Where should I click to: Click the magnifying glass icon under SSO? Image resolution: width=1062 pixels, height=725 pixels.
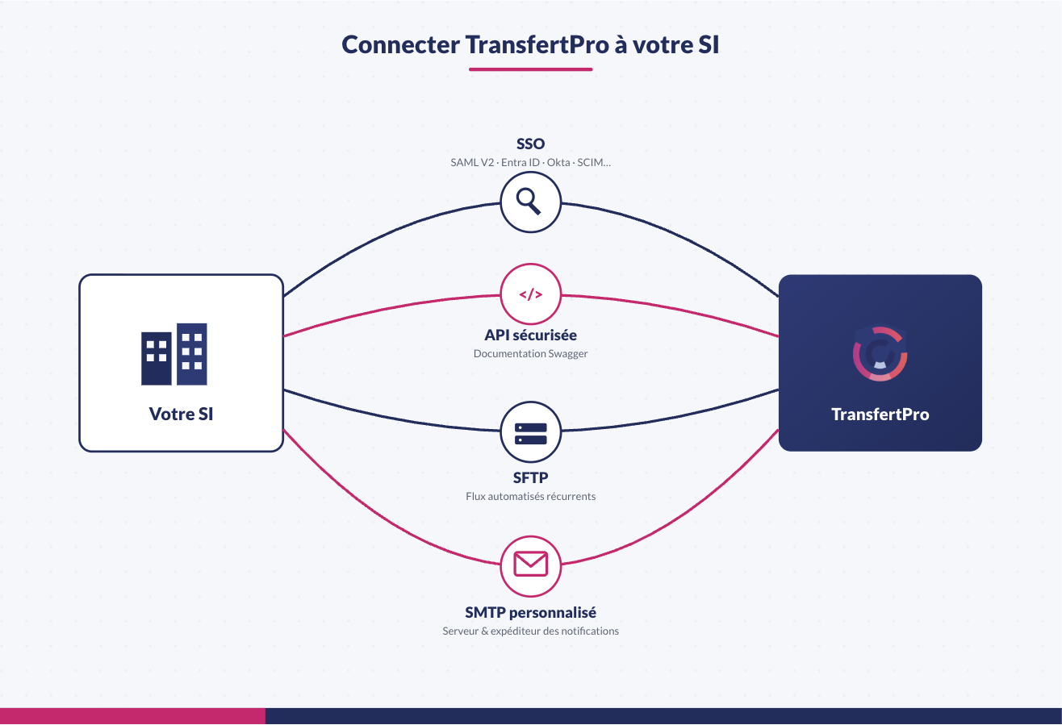528,201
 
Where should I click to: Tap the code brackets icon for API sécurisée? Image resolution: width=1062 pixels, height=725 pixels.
530,294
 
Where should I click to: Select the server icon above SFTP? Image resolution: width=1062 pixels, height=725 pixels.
530,433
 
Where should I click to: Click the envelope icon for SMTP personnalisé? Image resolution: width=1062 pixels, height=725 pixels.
530,564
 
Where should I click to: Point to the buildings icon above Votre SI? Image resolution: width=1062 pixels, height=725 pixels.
174,354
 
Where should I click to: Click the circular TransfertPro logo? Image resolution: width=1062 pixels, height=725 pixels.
880,353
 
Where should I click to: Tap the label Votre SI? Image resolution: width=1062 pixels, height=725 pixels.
181,414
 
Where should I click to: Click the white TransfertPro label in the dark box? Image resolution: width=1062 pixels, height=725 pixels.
880,415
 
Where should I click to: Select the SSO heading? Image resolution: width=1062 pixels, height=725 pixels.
530,144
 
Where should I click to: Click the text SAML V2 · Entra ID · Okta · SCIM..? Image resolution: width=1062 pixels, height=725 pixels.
530,162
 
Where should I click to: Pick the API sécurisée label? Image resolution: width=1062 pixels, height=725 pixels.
530,335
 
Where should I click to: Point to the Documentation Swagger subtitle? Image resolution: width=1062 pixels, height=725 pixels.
530,353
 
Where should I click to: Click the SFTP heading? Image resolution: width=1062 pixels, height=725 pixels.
530,477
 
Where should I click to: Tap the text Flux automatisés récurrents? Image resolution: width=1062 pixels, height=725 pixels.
530,496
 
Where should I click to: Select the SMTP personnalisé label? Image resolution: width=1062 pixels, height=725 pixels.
530,612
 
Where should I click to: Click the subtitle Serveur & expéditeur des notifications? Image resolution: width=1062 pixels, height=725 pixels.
530,631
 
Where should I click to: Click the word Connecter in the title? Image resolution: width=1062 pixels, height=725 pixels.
400,45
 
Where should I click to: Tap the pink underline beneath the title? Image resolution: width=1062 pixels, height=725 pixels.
530,69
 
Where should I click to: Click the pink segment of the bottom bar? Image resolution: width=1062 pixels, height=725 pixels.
132,715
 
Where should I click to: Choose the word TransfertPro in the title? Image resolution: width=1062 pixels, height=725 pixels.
537,45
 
